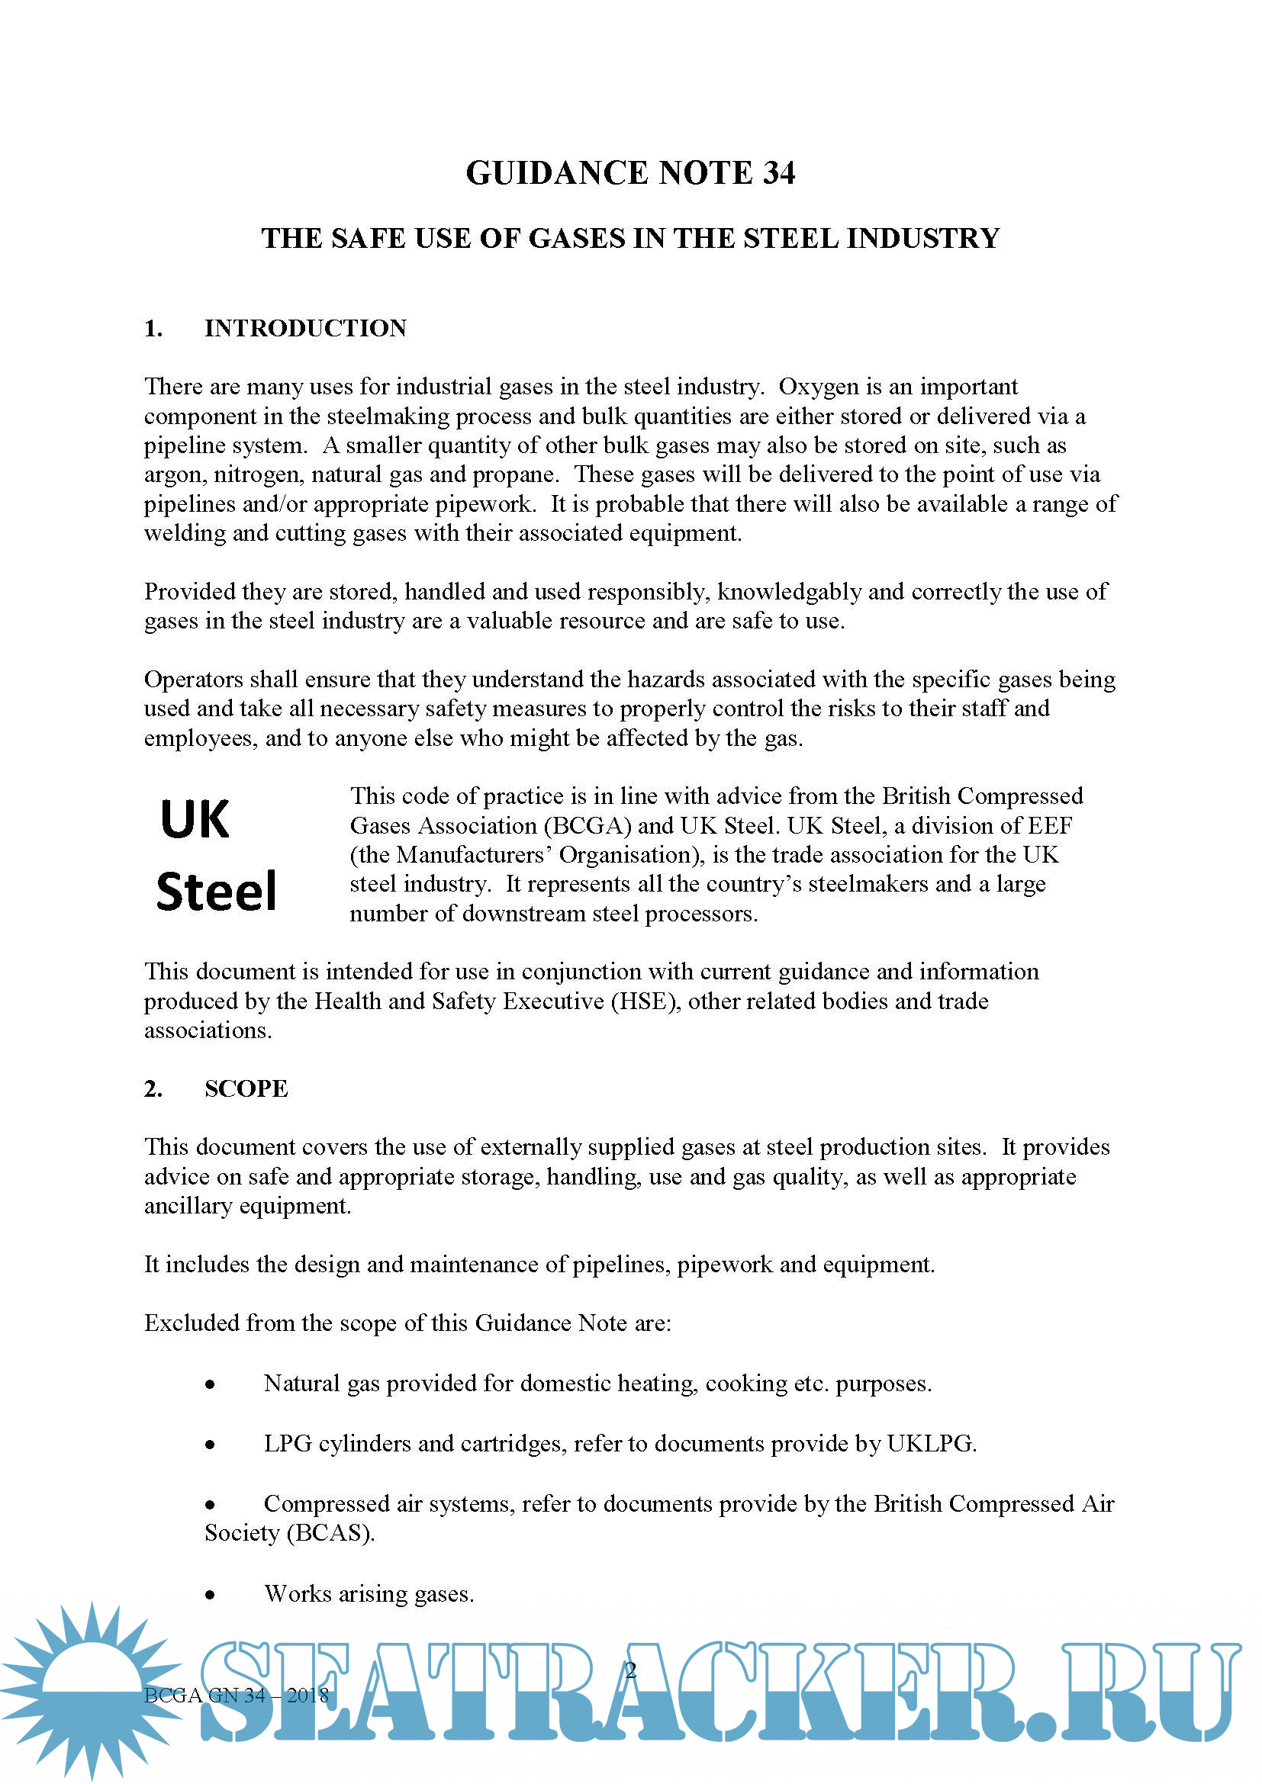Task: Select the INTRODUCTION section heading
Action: tap(304, 328)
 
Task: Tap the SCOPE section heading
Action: tap(246, 1088)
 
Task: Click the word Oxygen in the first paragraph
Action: tap(817, 386)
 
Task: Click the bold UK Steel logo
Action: tap(217, 855)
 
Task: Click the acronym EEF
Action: tap(1051, 825)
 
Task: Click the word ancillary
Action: tap(188, 1206)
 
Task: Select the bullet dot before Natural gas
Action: tap(210, 1384)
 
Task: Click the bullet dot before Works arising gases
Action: tap(210, 1595)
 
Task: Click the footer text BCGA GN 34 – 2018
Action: tap(237, 1695)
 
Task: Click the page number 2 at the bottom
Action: tap(631, 1670)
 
